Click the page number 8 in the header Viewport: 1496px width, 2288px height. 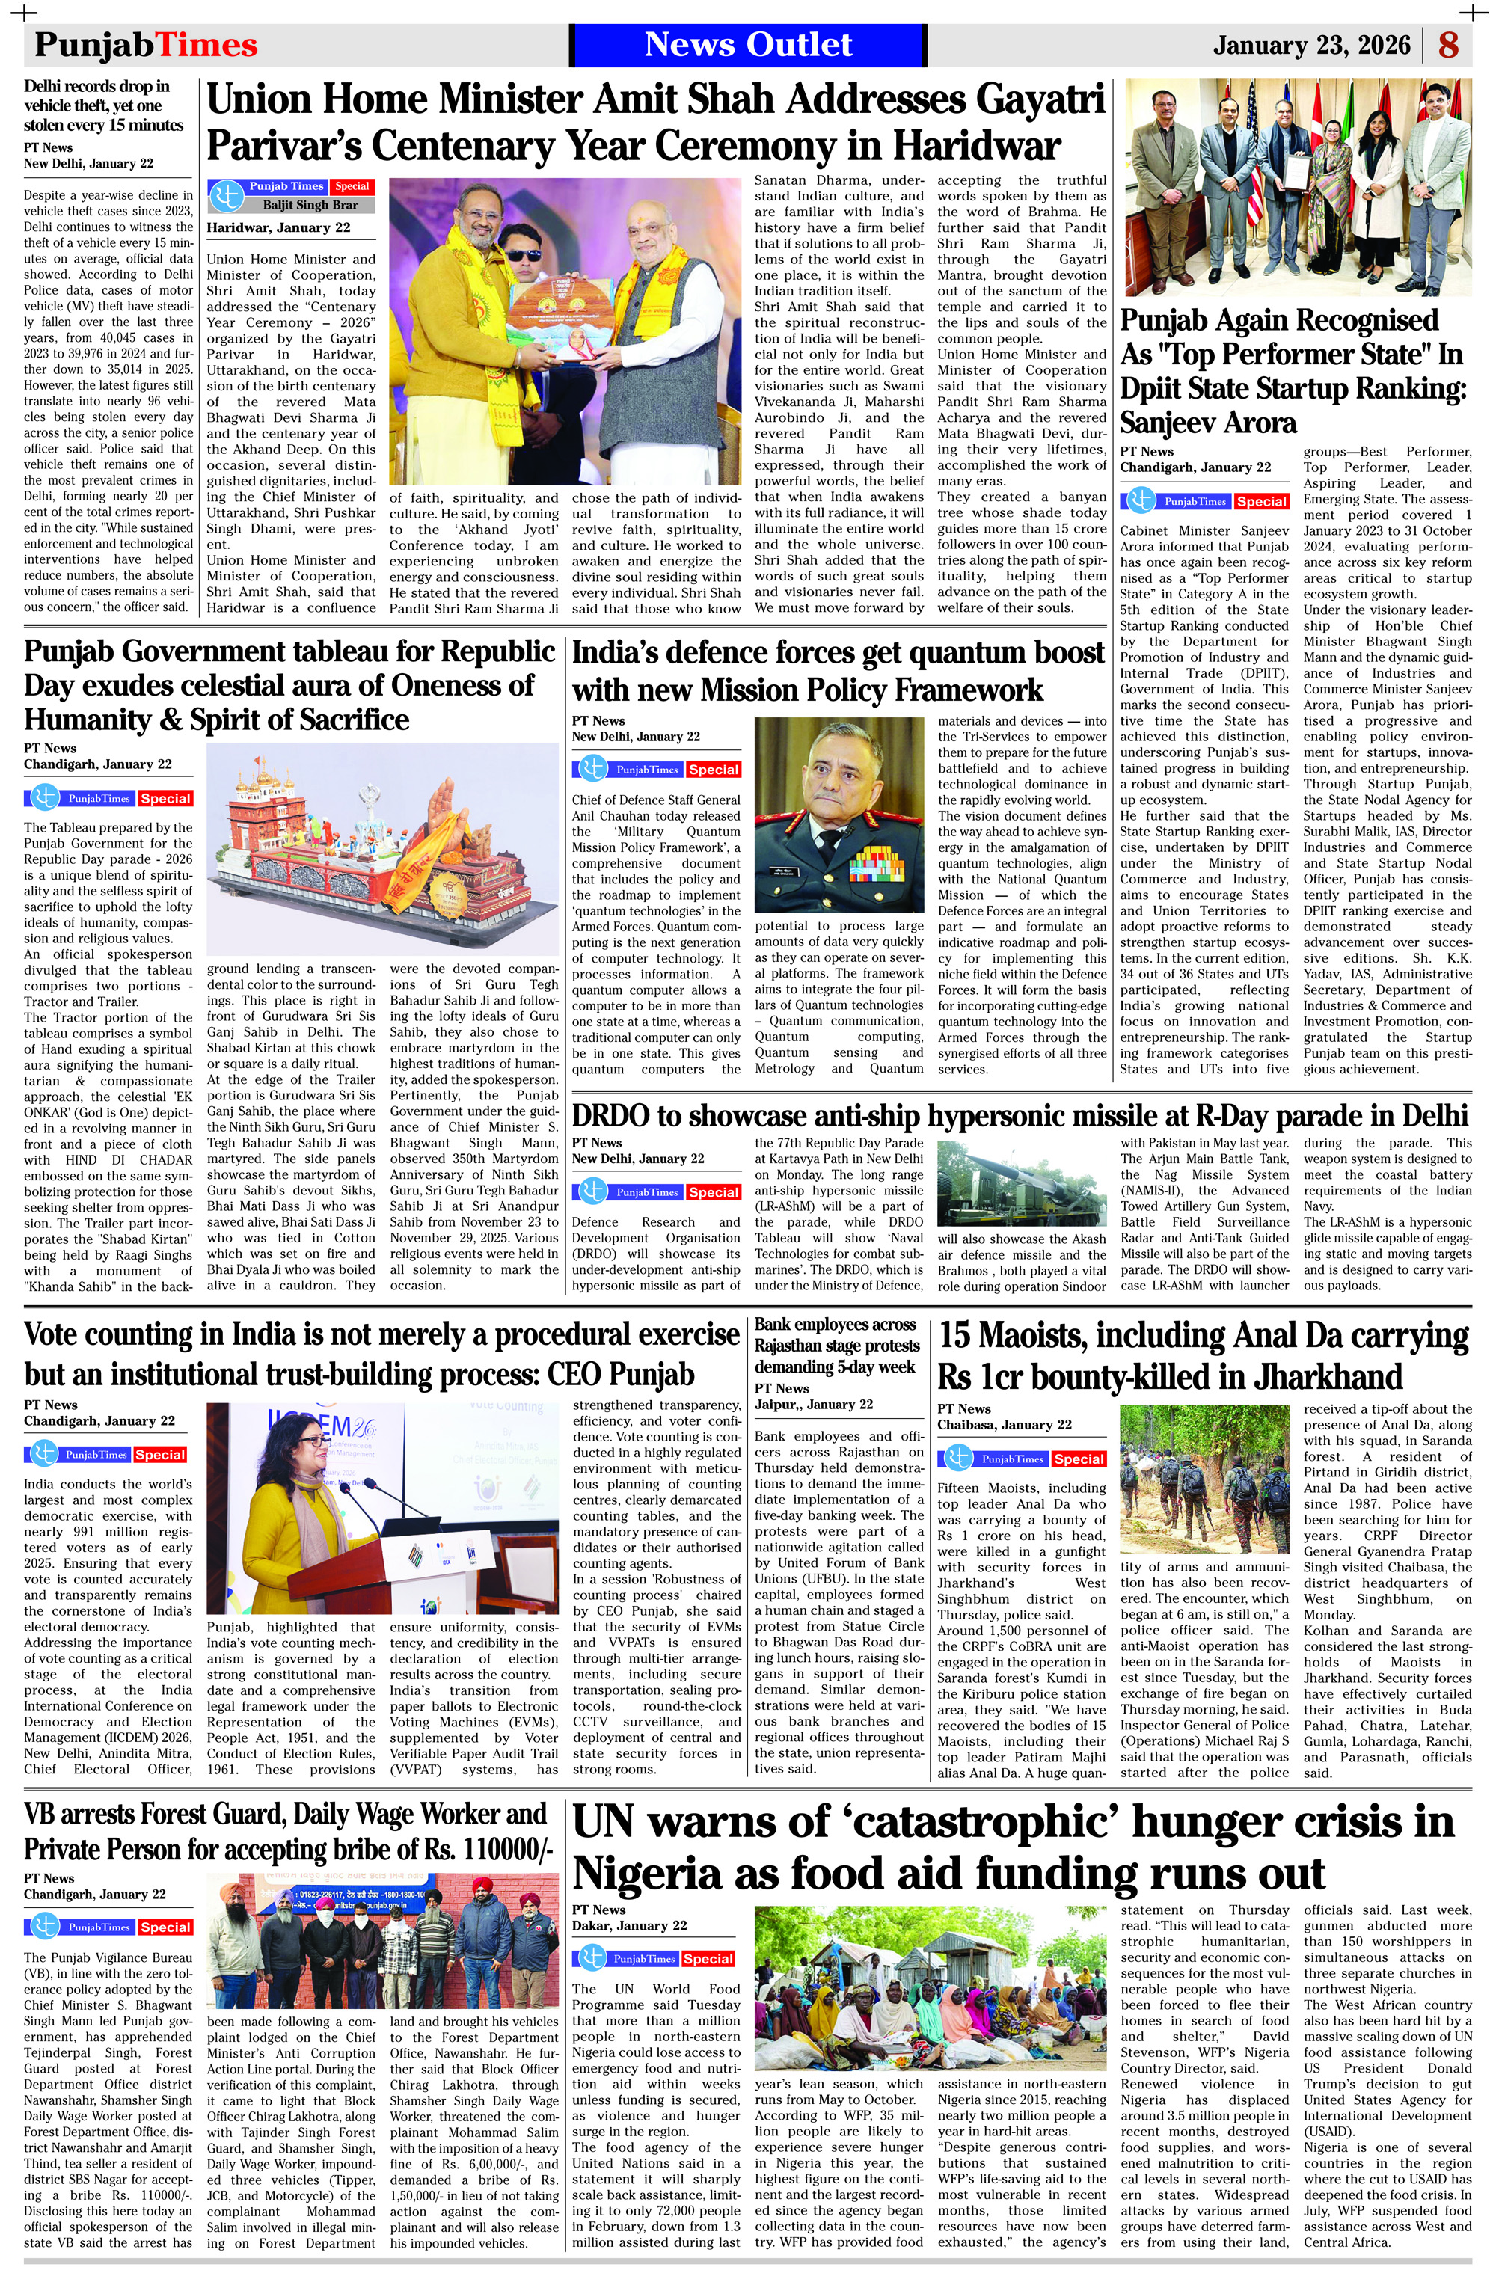[1448, 45]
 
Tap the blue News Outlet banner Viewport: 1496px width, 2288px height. [747, 45]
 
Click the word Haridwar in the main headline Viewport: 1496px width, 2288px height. [977, 146]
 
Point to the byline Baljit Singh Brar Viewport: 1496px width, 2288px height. [310, 205]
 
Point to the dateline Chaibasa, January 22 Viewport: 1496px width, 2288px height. [1004, 1425]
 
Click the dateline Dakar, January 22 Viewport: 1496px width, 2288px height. [629, 1925]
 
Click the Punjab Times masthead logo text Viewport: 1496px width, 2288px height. [146, 45]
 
